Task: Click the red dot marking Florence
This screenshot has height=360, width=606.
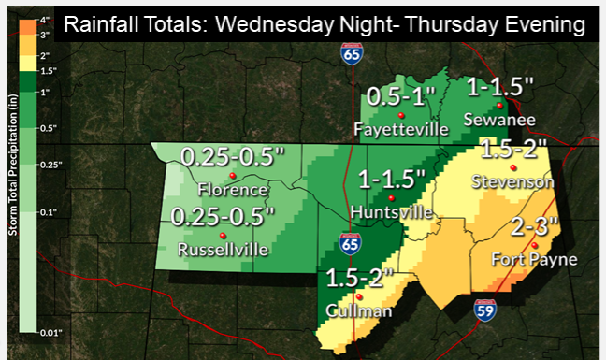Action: [232, 176]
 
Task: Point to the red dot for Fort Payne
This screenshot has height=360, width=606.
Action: [533, 245]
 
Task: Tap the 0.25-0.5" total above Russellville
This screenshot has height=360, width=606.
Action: [224, 216]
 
